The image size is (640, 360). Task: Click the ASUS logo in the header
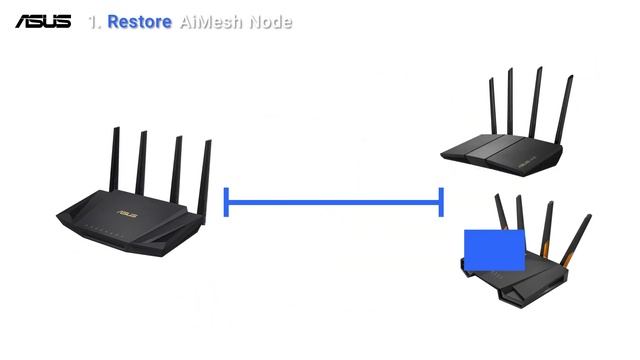[43, 20]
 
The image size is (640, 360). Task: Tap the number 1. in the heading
[95, 21]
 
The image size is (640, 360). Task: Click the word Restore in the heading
[140, 21]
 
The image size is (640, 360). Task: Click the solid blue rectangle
[494, 250]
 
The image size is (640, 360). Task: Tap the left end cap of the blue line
[227, 201]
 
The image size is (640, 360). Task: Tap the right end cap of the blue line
[441, 201]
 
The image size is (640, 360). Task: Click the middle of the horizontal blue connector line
[334, 201]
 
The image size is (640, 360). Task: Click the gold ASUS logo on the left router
[128, 212]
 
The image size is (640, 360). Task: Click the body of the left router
[130, 221]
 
